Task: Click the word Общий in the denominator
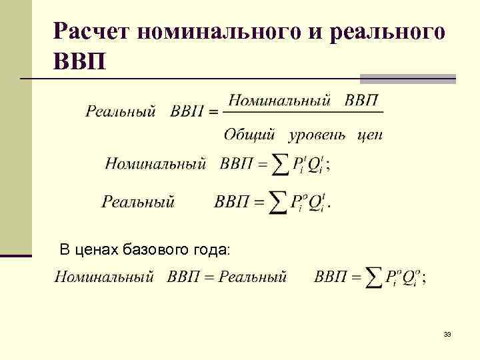click(249, 135)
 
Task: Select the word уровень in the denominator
click(317, 135)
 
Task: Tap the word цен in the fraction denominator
click(370, 135)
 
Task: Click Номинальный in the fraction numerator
click(279, 101)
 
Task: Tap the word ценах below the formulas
click(96, 250)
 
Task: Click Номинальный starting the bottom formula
click(104, 276)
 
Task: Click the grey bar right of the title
click(408, 78)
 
